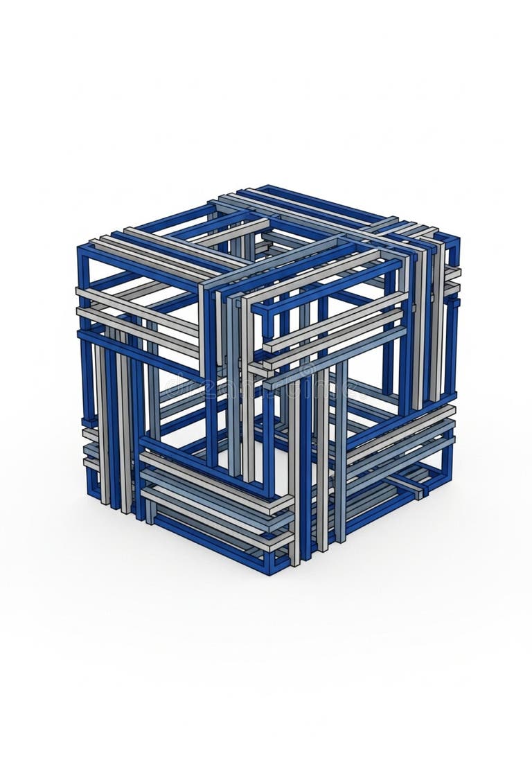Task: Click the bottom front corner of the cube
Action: point(271,569)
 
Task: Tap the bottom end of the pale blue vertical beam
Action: point(340,537)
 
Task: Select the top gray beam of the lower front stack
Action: point(208,478)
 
